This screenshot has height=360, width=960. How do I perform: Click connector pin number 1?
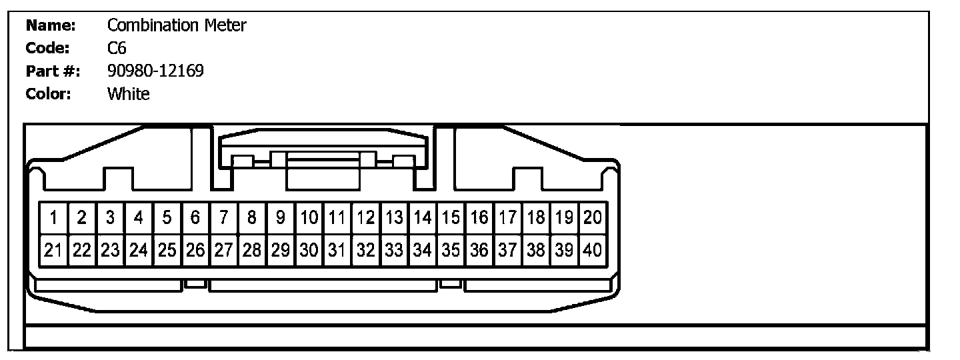53,217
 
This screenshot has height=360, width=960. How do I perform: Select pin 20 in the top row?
592,217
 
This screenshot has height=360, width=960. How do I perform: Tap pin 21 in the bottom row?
53,251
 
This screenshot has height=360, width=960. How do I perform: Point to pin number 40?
592,251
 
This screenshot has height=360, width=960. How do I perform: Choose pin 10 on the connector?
309,217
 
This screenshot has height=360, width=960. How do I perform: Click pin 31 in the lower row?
337,251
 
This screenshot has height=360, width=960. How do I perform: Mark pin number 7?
224,217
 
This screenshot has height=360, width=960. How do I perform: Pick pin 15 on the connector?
451,217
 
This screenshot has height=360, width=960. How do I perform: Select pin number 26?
195,251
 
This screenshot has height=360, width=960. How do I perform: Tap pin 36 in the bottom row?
479,251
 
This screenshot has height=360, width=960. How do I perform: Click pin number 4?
139,217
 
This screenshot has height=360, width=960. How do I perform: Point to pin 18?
535,217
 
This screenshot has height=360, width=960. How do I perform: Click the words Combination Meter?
177,26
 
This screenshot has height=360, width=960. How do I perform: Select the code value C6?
117,49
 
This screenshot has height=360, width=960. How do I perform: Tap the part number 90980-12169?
155,71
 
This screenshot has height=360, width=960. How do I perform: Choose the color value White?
129,94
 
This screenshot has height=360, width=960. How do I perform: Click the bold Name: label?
51,26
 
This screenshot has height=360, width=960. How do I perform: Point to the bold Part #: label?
53,71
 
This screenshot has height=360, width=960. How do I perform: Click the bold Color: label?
48,94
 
